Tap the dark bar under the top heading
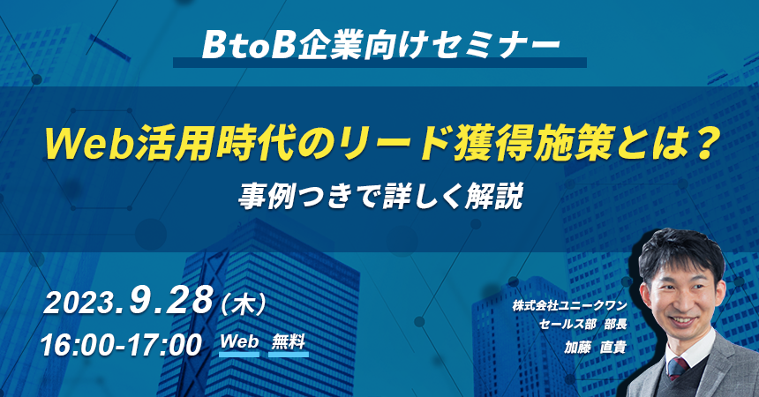tap(380, 63)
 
